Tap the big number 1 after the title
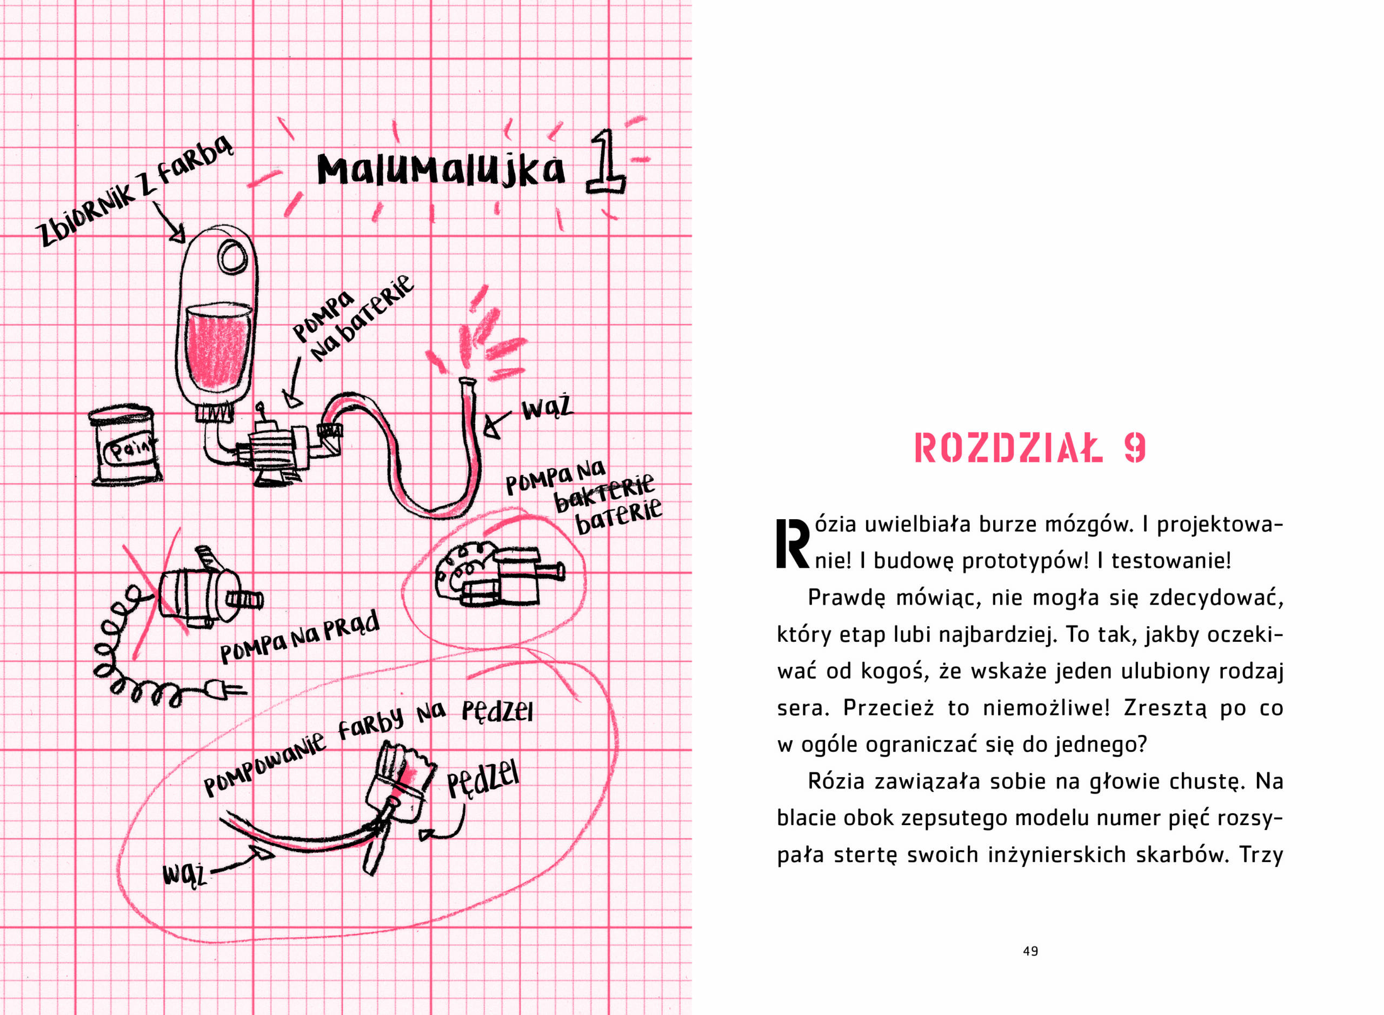click(x=605, y=165)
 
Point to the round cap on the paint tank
click(x=234, y=257)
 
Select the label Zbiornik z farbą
click(x=135, y=191)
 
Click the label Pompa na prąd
click(x=300, y=639)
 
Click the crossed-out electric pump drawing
click(x=203, y=592)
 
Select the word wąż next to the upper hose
click(x=546, y=409)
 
